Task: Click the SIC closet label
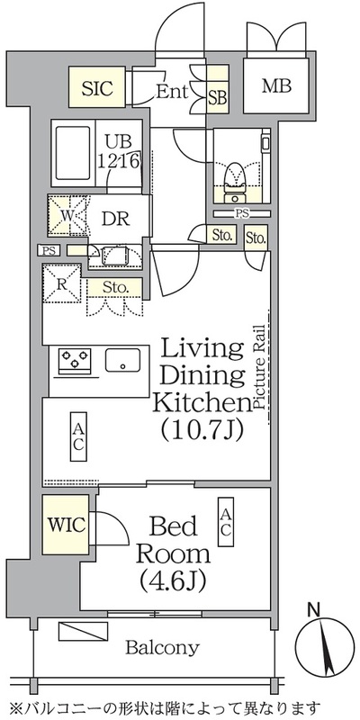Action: [97, 87]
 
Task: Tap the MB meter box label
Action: [276, 85]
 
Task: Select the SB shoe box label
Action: [218, 97]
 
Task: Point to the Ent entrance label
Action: [172, 92]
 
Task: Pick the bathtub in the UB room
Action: [74, 153]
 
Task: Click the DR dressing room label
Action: [115, 219]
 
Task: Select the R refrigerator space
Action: [62, 283]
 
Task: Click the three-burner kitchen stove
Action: [75, 359]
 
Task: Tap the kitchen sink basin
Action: [122, 360]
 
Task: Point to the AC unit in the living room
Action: [78, 436]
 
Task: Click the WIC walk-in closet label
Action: [67, 525]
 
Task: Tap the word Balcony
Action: [163, 648]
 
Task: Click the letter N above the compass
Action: [314, 610]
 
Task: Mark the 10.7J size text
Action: [202, 430]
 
